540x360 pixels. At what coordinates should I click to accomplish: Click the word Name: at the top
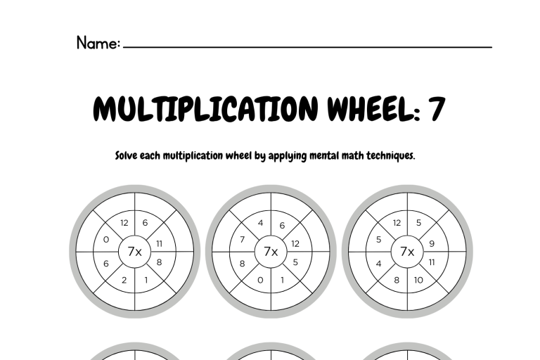click(98, 43)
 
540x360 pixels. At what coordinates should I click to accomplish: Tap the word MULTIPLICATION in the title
click(205, 108)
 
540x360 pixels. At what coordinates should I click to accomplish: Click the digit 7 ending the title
click(437, 108)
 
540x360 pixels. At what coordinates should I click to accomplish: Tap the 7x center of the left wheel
click(135, 252)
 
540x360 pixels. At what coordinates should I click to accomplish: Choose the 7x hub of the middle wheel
click(271, 252)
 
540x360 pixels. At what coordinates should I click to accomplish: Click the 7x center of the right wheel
click(407, 252)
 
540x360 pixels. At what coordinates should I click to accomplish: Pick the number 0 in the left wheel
click(106, 240)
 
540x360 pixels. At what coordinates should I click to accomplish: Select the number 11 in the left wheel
click(159, 244)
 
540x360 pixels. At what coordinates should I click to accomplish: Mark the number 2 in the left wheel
click(124, 280)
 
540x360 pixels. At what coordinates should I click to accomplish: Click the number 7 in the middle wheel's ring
click(243, 240)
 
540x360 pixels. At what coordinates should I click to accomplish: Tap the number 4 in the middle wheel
click(261, 223)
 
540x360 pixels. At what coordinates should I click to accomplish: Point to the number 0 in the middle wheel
click(260, 280)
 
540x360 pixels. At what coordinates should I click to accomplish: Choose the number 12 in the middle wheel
click(295, 244)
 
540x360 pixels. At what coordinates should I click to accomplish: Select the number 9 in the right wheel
click(432, 244)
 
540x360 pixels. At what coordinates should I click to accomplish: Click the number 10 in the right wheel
click(418, 280)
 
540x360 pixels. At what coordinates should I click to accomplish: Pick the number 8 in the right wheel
click(397, 280)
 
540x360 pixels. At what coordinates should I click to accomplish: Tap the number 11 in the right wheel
click(432, 262)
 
